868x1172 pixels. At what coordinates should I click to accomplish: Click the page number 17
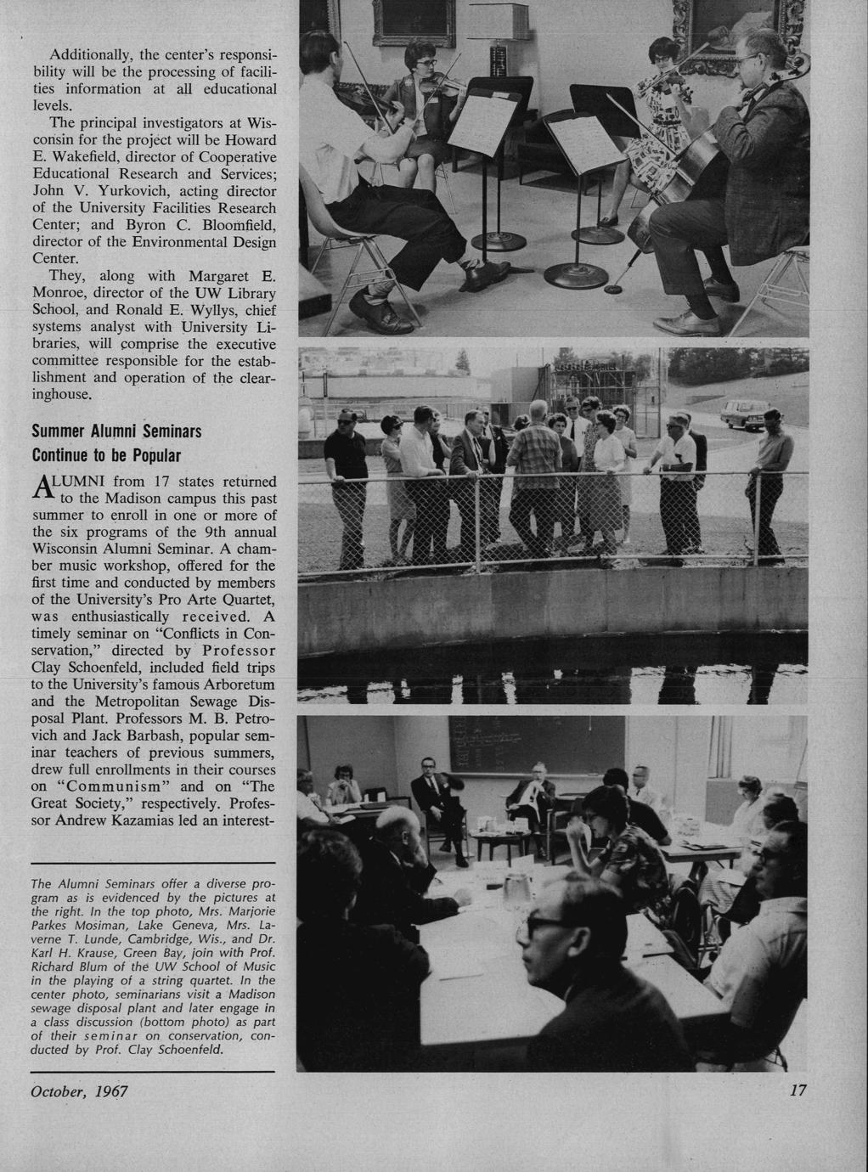tap(797, 1090)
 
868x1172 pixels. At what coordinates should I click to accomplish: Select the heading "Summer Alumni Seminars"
tap(116, 431)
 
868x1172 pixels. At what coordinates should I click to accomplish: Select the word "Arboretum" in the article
tap(223, 684)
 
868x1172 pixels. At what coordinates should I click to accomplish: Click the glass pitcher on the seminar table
tap(516, 890)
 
